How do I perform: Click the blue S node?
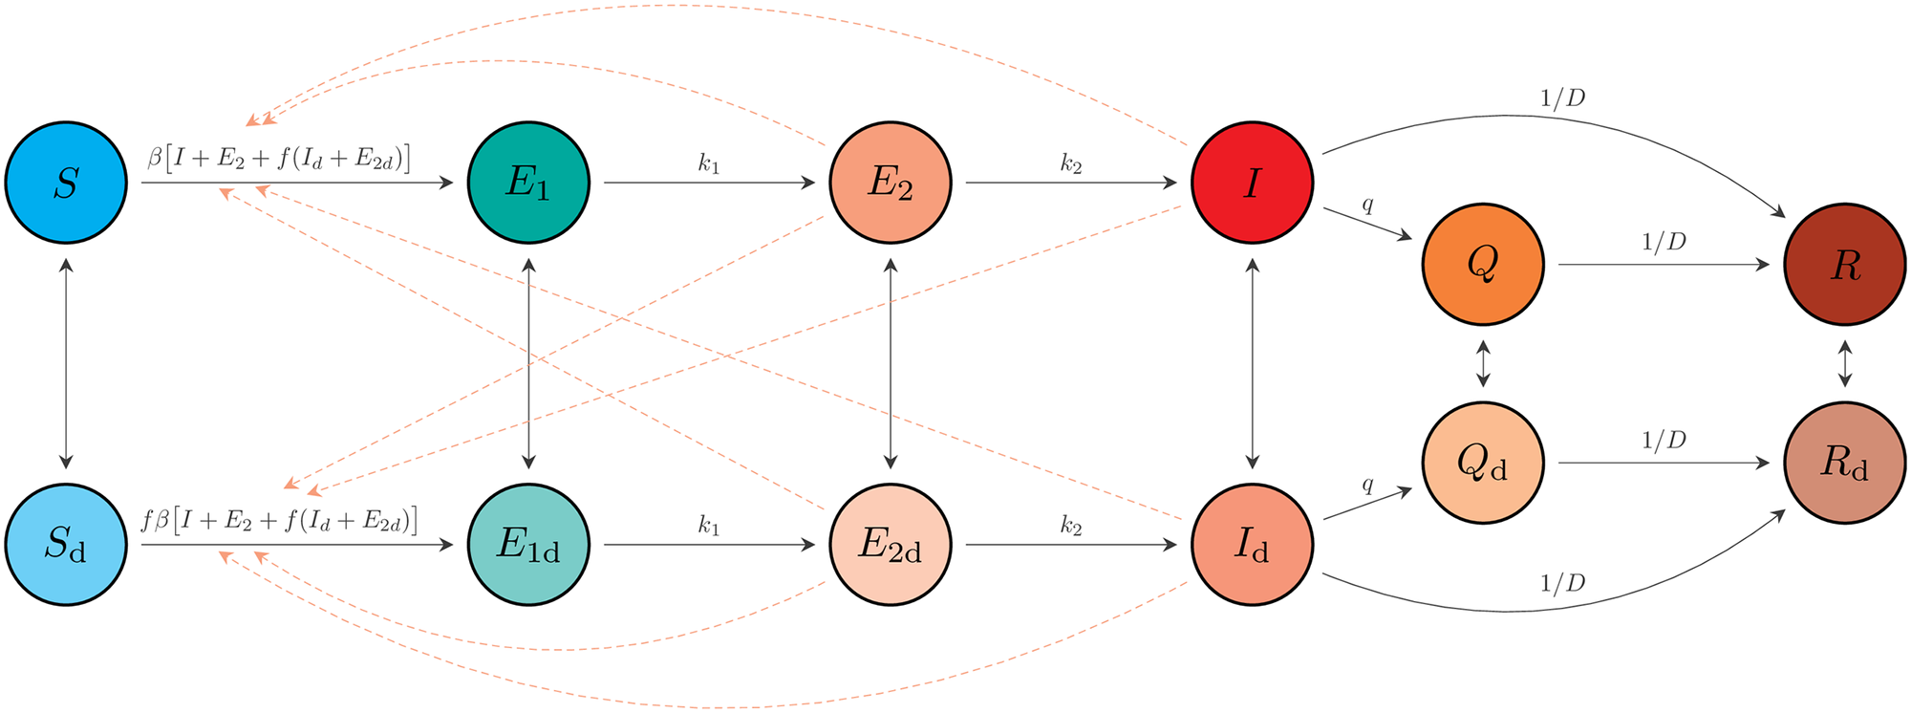[x=66, y=182]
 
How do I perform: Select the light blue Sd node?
[x=66, y=545]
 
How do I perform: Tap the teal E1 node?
[x=528, y=182]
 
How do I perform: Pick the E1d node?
[x=528, y=545]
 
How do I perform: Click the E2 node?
[x=891, y=182]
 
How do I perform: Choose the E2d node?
[x=891, y=545]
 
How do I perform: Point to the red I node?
[x=1253, y=182]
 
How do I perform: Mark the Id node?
[x=1253, y=545]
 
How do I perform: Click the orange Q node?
[x=1483, y=264]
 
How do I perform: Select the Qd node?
[x=1483, y=463]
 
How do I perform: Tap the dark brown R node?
[x=1845, y=264]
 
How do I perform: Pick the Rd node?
[x=1845, y=463]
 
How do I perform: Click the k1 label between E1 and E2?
[x=708, y=163]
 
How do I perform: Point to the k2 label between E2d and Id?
[x=1071, y=526]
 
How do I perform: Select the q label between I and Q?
[x=1368, y=204]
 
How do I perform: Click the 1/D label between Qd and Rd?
[x=1664, y=441]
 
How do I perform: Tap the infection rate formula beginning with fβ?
[x=280, y=521]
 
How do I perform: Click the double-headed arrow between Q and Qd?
[x=1483, y=363]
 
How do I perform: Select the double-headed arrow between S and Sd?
[x=66, y=363]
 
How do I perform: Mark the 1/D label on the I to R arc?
[x=1563, y=98]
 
